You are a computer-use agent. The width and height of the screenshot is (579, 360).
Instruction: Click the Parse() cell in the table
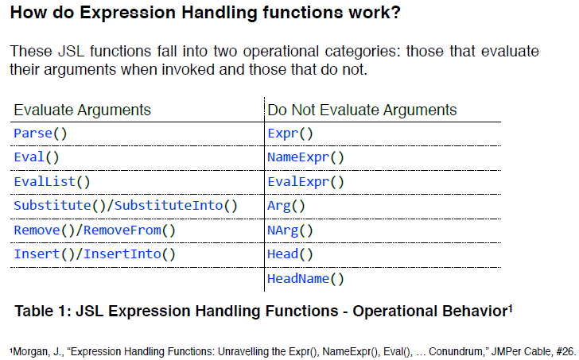(37, 134)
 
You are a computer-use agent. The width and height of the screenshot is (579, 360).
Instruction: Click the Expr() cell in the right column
(290, 134)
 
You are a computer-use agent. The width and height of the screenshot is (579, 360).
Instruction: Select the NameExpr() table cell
(305, 157)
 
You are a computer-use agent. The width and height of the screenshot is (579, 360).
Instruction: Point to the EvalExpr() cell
(305, 182)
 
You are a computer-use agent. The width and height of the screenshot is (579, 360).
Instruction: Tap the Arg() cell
(286, 207)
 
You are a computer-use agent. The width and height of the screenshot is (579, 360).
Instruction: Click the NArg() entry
(290, 231)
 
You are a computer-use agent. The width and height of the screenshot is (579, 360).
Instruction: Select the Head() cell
(290, 255)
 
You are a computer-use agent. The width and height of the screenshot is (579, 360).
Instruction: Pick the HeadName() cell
(305, 279)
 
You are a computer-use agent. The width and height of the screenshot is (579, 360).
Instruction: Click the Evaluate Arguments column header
(83, 110)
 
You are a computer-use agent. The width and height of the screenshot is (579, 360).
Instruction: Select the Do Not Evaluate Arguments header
(363, 110)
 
